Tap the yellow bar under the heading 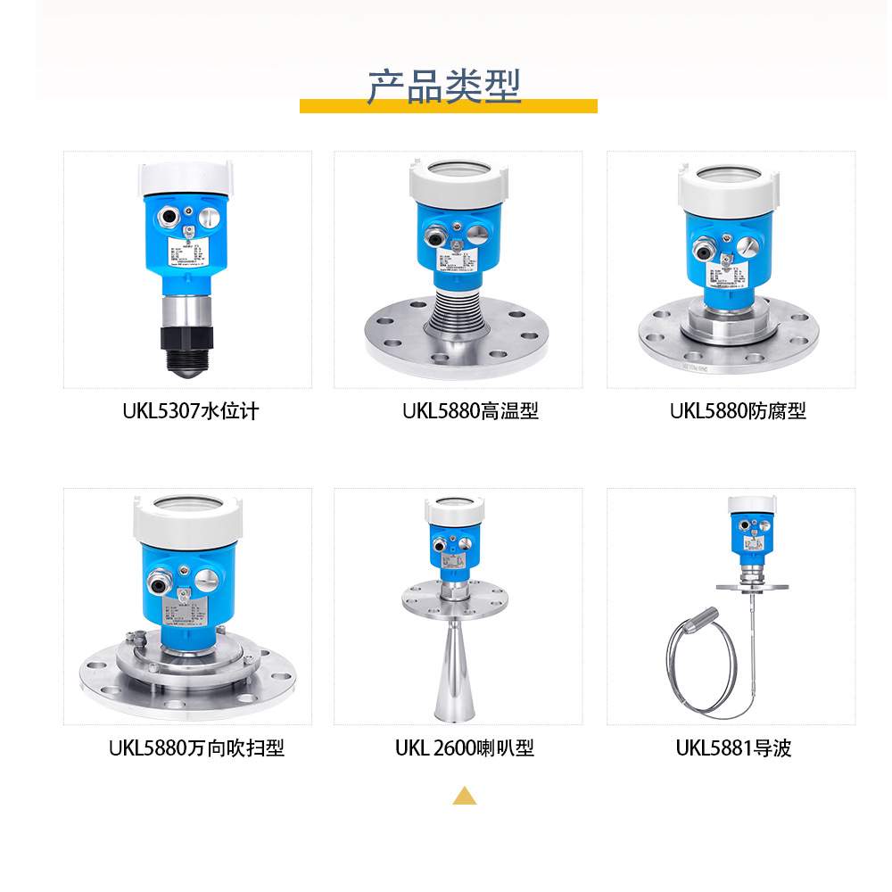(x=448, y=106)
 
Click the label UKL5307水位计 (x=190, y=411)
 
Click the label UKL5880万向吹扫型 (x=196, y=747)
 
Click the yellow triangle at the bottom (x=464, y=796)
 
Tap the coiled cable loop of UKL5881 (x=705, y=665)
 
